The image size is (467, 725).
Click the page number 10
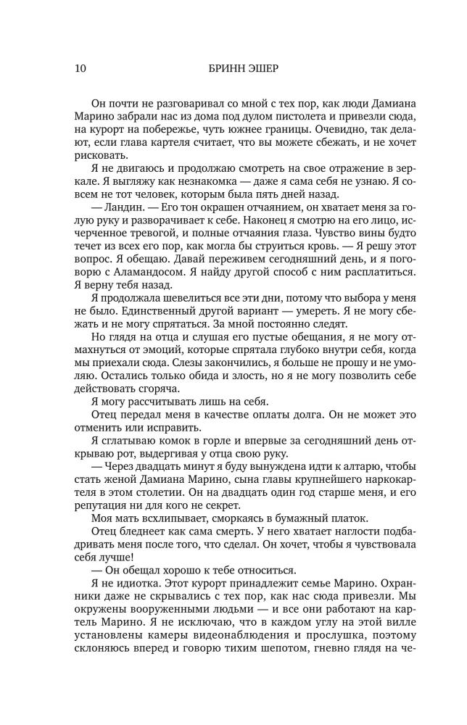pos(80,70)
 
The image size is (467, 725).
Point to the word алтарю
pos(359,468)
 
